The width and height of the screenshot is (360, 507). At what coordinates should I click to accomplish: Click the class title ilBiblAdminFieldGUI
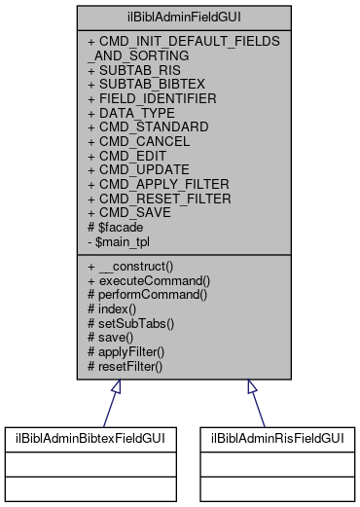pos(179,18)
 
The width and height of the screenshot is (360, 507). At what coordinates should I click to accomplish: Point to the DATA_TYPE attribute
pos(127,113)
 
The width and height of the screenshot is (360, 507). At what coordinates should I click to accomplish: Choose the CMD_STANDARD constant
pos(141,127)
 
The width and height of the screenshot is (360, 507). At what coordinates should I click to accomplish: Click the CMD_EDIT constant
pos(126,156)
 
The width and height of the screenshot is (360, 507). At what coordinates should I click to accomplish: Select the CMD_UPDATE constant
pos(135,169)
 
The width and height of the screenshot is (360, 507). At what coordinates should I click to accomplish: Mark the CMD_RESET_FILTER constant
pos(156,198)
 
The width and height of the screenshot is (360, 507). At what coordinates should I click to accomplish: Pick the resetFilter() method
pos(137,364)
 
